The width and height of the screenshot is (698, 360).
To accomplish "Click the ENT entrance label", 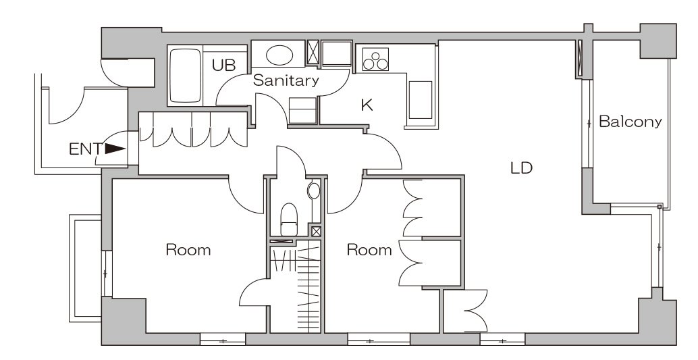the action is click(x=86, y=149).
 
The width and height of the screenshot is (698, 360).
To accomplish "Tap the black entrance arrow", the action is click(x=115, y=149).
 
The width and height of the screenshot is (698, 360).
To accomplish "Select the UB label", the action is click(x=223, y=66).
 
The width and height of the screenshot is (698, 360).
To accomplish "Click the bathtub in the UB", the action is click(x=185, y=76).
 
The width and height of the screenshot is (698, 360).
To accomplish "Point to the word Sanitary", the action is click(x=286, y=80).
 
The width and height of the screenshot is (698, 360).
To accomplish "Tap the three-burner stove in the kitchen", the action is click(x=375, y=59).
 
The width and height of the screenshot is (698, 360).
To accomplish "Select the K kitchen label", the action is click(x=367, y=105).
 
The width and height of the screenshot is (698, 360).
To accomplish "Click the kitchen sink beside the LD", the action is click(x=421, y=100).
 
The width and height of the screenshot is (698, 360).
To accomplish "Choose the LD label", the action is click(x=521, y=168).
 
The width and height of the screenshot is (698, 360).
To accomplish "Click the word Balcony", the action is click(x=630, y=122).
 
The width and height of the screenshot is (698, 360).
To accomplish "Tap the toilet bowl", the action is click(x=289, y=219).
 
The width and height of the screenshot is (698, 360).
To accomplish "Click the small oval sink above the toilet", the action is click(x=314, y=190).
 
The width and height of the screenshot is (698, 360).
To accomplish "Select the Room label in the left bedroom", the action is click(x=188, y=249).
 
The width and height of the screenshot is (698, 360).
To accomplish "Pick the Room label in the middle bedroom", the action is click(x=369, y=250).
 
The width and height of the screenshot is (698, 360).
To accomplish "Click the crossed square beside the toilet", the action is click(x=316, y=231).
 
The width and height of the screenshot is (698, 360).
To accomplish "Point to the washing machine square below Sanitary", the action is click(x=302, y=110).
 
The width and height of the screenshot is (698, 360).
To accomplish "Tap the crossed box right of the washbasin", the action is click(x=313, y=53).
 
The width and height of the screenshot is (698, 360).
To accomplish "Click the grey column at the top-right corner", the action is click(x=658, y=41).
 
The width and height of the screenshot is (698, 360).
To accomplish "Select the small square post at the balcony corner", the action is click(x=660, y=207).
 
